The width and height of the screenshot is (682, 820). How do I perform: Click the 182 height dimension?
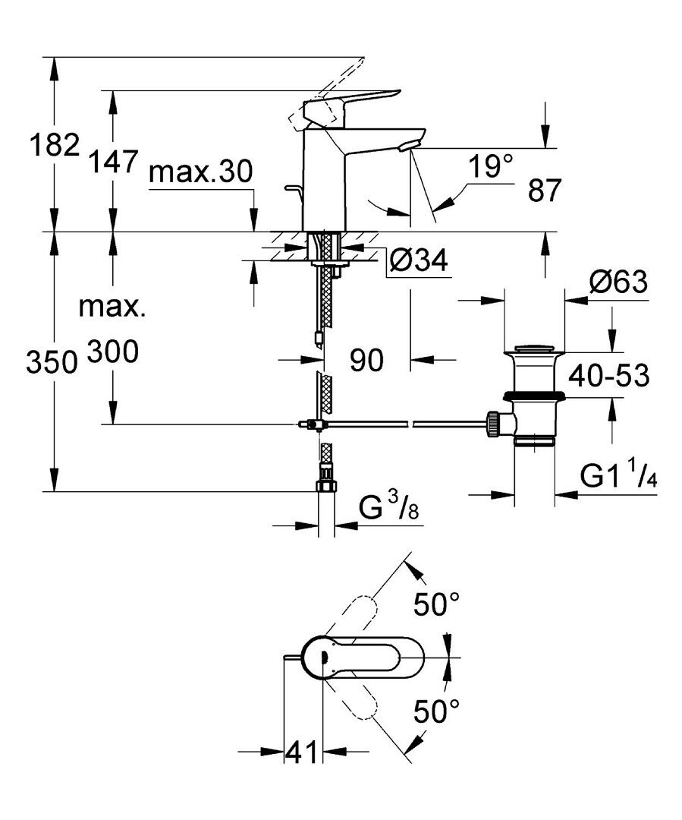pyautogui.click(x=55, y=145)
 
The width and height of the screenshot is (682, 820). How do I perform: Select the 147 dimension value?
pyautogui.click(x=112, y=161)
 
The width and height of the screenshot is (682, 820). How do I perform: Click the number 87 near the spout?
pyautogui.click(x=544, y=190)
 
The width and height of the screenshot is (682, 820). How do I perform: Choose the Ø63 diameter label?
pyautogui.click(x=618, y=282)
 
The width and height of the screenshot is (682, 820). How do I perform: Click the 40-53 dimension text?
pyautogui.click(x=609, y=375)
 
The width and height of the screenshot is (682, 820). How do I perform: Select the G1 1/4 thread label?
pyautogui.click(x=618, y=476)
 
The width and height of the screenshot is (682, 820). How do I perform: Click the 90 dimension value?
pyautogui.click(x=366, y=361)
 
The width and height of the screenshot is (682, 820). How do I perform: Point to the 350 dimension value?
pyautogui.click(x=52, y=362)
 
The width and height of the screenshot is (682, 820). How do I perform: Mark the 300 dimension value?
pyautogui.click(x=112, y=352)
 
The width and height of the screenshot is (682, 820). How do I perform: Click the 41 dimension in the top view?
pyautogui.click(x=301, y=753)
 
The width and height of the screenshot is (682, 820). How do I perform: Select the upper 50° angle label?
pyautogui.click(x=436, y=604)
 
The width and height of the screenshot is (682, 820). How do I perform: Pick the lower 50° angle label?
pyautogui.click(x=436, y=711)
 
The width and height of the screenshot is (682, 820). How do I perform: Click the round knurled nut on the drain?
pyautogui.click(x=493, y=424)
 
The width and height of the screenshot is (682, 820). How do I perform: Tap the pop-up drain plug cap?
pyautogui.click(x=534, y=349)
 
